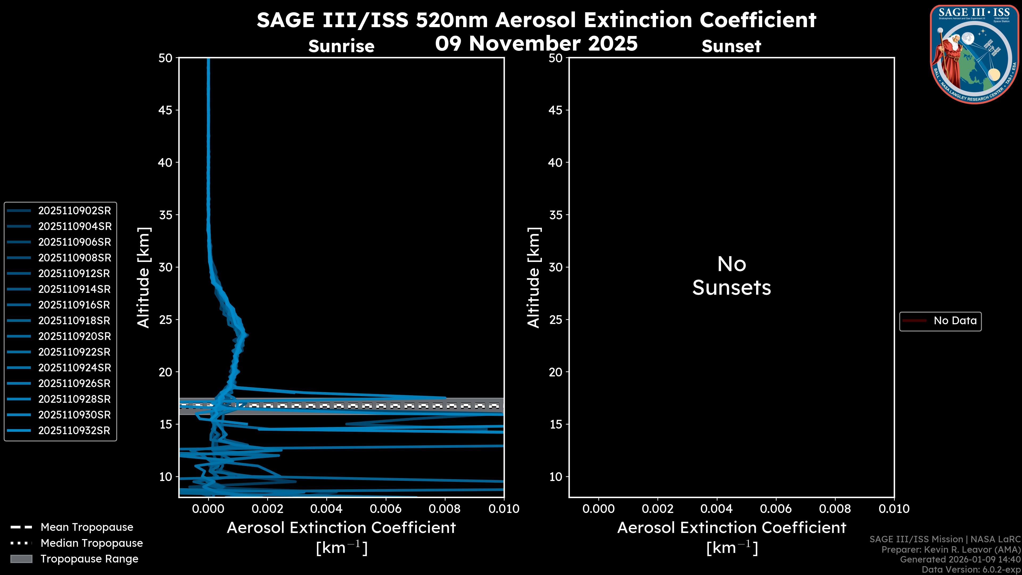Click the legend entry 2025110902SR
pos(74,211)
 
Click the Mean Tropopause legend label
pos(86,527)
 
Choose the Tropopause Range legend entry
pos(89,559)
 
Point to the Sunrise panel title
pos(341,46)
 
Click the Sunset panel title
pos(731,46)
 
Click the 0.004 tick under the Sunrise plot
pos(327,509)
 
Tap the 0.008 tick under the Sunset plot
pos(835,509)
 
